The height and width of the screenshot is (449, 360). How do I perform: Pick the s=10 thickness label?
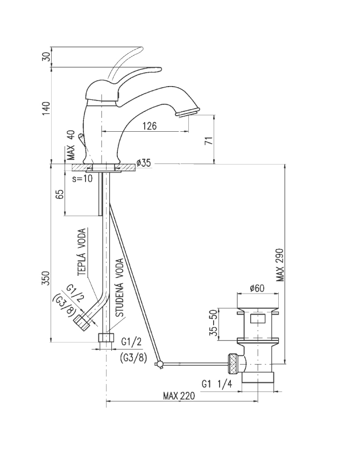point(82,177)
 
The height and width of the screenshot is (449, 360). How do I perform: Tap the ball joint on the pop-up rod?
point(159,365)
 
